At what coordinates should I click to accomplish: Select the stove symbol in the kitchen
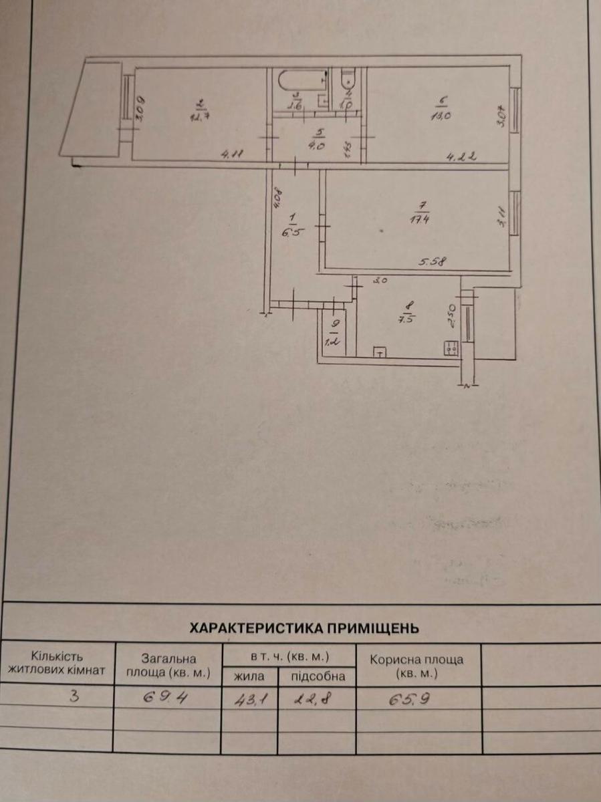coord(451,348)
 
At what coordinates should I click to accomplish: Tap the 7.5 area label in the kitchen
coord(409,318)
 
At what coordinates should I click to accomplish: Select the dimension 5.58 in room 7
coord(433,263)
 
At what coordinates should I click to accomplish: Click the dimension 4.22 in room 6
coord(461,158)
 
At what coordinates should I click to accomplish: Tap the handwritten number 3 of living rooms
coord(76,696)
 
